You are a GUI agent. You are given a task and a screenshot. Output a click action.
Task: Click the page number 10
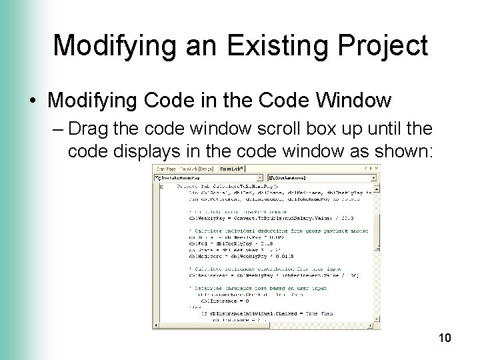(x=445, y=339)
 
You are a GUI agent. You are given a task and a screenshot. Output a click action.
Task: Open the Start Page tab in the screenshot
(x=167, y=169)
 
